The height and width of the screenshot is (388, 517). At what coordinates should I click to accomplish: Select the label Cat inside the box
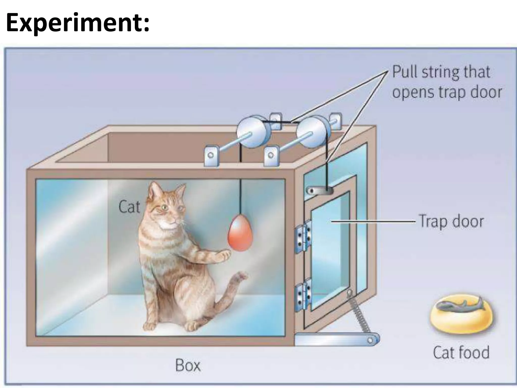pos(129,207)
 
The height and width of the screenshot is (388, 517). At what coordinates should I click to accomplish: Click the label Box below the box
pos(188,365)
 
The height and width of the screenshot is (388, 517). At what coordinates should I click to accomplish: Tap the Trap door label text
pos(451,221)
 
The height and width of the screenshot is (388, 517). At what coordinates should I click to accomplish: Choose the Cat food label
pos(461,352)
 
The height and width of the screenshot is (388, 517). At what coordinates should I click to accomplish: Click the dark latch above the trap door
pos(319,190)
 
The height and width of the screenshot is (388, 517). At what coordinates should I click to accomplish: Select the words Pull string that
pos(441,72)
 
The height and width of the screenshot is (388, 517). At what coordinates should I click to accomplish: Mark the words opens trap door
pos(447,92)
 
